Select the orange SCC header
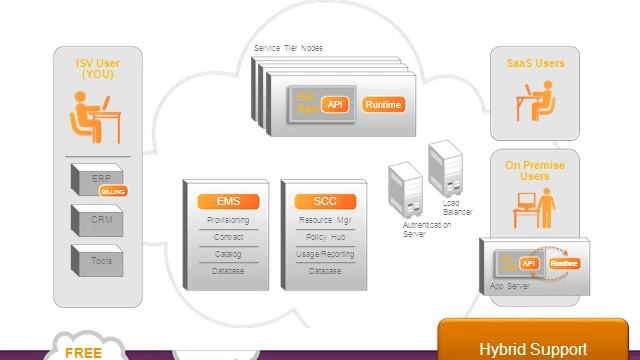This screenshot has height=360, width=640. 325,201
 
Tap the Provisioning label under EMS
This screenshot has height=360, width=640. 228,220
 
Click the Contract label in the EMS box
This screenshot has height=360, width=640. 228,237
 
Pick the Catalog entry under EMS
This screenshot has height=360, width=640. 228,254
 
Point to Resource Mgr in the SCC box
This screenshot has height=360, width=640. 325,220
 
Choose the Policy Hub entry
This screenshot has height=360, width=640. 325,237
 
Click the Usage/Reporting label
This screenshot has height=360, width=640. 325,254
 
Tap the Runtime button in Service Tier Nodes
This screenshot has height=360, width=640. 383,105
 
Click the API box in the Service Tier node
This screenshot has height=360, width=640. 336,105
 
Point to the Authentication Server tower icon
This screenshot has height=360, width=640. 405,188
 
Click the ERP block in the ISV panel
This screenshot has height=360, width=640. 100,180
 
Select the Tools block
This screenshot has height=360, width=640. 100,260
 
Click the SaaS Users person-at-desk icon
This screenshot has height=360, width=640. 535,103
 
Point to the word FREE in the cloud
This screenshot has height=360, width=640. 84,352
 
